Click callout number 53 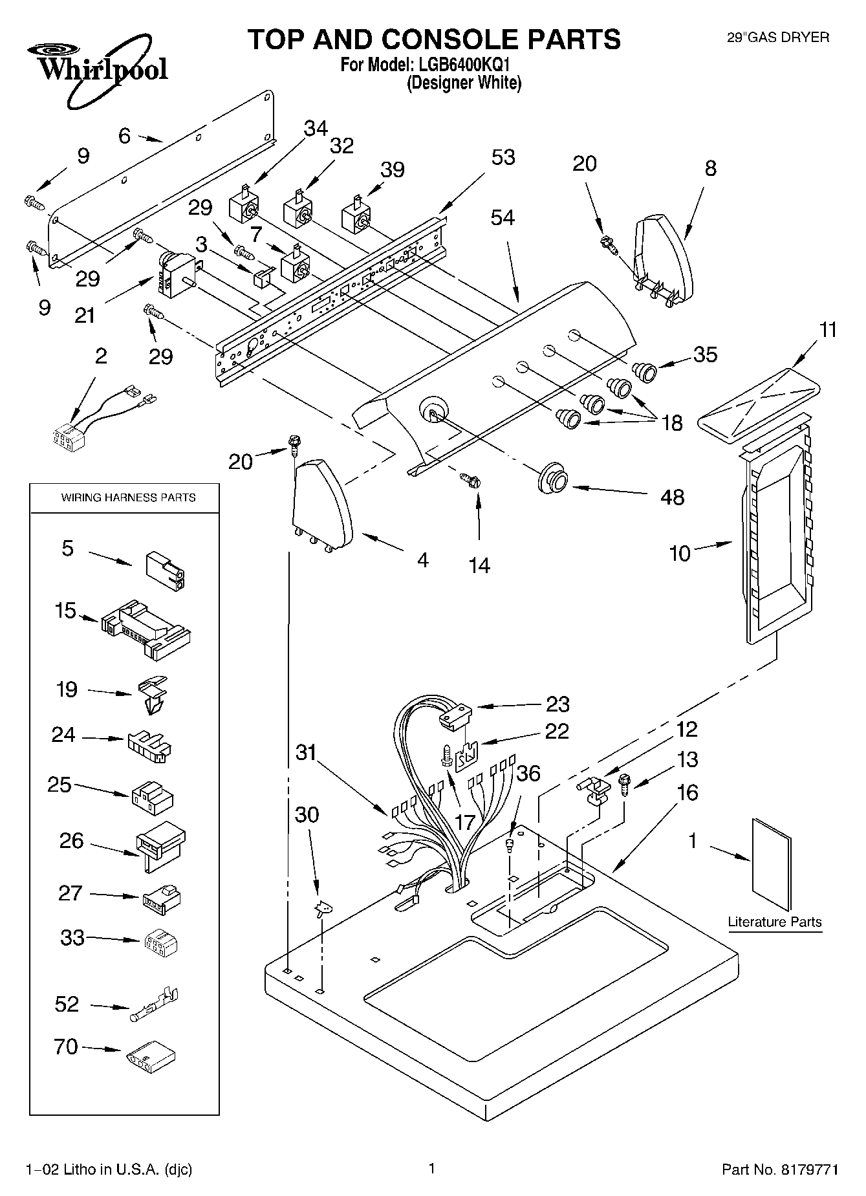(503, 157)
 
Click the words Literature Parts (774, 922)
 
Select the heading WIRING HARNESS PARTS (128, 497)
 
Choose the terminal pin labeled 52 (156, 1005)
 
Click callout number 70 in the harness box (66, 1046)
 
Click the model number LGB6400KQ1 (462, 65)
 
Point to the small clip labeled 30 (321, 909)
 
